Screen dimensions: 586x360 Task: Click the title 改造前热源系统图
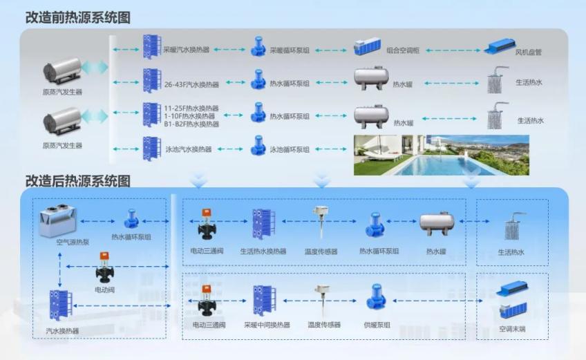pyautogui.click(x=77, y=17)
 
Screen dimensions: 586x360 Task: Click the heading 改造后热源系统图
pyautogui.click(x=77, y=181)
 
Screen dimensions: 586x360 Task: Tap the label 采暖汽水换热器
pyautogui.click(x=186, y=50)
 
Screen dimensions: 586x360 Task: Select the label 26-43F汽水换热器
pyautogui.click(x=191, y=84)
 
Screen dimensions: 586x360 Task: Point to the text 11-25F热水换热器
pyautogui.click(x=191, y=108)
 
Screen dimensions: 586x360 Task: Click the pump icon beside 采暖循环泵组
pyautogui.click(x=258, y=47)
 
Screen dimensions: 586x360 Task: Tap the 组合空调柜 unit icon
pyautogui.click(x=368, y=46)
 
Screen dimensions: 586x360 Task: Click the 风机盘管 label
pyautogui.click(x=528, y=53)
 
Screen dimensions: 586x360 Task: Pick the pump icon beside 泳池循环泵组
pyautogui.click(x=258, y=146)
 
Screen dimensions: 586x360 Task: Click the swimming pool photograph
pyautogui.click(x=442, y=155)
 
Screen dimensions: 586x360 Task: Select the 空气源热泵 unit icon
pyautogui.click(x=58, y=221)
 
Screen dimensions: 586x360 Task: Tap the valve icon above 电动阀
pyautogui.click(x=104, y=267)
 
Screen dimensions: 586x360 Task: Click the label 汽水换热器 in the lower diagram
pyautogui.click(x=62, y=331)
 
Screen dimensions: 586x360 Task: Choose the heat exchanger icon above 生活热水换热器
pyautogui.click(x=263, y=224)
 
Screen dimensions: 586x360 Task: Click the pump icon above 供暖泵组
pyautogui.click(x=376, y=297)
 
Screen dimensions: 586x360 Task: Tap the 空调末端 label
pyautogui.click(x=512, y=329)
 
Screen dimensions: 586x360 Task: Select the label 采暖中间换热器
pyautogui.click(x=267, y=325)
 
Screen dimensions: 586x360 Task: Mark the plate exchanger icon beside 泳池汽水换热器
pyautogui.click(x=152, y=149)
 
